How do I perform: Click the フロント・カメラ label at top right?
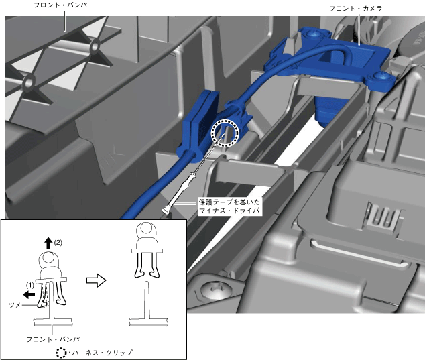(x=355, y=9)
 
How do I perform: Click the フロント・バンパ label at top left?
(x=60, y=5)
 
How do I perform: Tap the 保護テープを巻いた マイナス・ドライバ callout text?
(x=229, y=206)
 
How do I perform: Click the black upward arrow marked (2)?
(x=48, y=243)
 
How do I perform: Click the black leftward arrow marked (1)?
(x=29, y=294)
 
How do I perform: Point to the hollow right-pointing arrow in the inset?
(x=96, y=280)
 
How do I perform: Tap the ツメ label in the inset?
(x=15, y=305)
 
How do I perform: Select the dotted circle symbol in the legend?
(x=61, y=352)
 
